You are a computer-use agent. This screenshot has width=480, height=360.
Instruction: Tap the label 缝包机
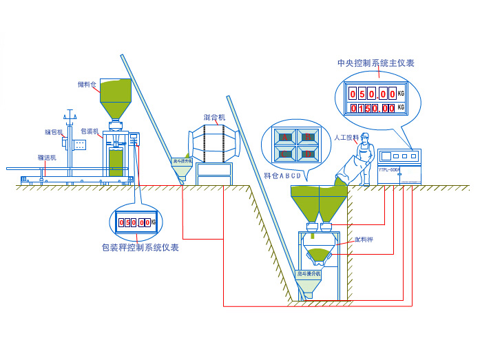pos(54,131)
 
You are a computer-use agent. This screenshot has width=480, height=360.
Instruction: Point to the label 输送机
pos(47,158)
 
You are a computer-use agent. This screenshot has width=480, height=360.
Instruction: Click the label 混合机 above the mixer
pos(215,118)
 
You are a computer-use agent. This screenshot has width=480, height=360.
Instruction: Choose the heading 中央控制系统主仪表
pos(375,63)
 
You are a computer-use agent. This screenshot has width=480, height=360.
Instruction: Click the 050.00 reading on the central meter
pos(373,93)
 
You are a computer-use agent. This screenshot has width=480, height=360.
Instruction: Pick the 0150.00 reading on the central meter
pos(373,108)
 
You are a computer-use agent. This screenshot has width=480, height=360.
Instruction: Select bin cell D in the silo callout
pos(309,153)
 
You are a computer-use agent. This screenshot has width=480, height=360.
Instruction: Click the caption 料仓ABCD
pos(282,175)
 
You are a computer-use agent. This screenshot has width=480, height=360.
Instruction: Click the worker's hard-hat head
pos(364,138)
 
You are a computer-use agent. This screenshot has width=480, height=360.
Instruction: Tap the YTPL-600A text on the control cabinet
pos(389,169)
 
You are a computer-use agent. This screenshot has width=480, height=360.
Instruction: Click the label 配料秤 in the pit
pos(364,240)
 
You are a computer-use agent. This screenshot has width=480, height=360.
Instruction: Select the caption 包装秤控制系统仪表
pos(140,247)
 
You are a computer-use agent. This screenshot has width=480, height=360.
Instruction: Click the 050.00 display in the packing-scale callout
pos(134,222)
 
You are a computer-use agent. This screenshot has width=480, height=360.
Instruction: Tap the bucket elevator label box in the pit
pos(309,273)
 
